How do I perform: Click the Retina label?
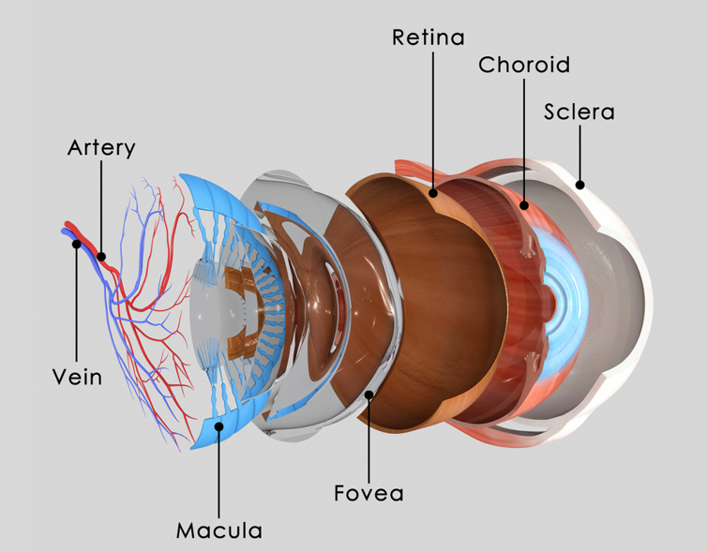(x=429, y=37)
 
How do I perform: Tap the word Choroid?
(x=523, y=65)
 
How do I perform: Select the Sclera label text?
(x=579, y=112)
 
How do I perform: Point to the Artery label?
(x=101, y=148)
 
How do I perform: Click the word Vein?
(x=76, y=378)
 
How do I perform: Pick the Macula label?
(x=218, y=530)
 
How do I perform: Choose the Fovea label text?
(x=369, y=492)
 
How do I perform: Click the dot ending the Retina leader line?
(x=432, y=194)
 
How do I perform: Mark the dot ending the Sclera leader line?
(x=580, y=185)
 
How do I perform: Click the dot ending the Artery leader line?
(x=101, y=254)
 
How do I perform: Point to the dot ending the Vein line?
(x=77, y=245)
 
